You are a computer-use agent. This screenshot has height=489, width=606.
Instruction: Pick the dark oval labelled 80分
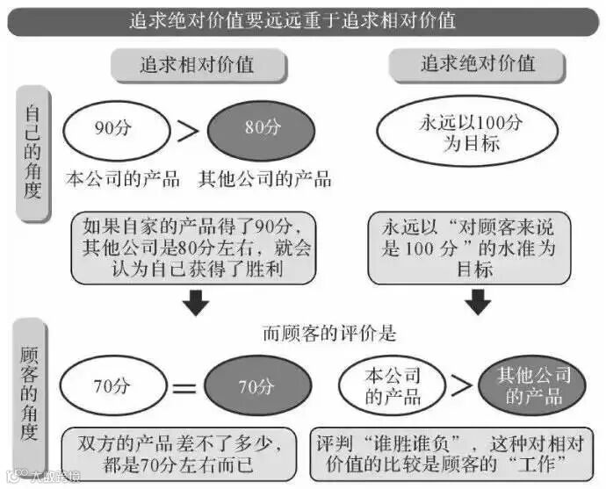tap(261, 128)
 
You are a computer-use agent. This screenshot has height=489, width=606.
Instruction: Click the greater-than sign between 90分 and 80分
tap(187, 130)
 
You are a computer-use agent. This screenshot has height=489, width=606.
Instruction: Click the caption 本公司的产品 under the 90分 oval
tap(123, 179)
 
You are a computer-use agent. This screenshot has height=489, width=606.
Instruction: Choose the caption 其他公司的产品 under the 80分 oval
tap(264, 179)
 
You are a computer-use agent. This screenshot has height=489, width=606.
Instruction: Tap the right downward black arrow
tap(477, 303)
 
